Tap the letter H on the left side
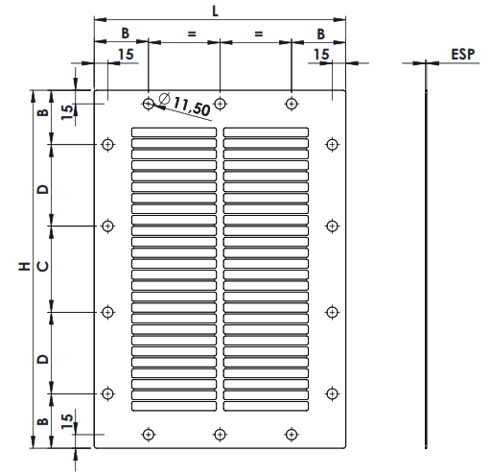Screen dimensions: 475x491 pos(23,268)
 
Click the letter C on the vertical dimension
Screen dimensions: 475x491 pos(41,268)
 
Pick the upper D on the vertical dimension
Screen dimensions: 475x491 pos(41,188)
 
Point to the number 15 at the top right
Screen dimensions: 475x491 pos(321,56)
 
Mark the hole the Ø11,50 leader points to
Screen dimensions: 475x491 pos(148,103)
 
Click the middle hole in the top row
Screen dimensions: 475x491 pos(221,103)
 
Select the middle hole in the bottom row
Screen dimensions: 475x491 pos(221,434)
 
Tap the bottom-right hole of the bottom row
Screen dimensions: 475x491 pos(291,434)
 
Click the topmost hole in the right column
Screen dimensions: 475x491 pos(332,144)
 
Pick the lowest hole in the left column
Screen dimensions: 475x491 pos(107,392)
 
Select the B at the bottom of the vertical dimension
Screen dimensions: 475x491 pos(41,421)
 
